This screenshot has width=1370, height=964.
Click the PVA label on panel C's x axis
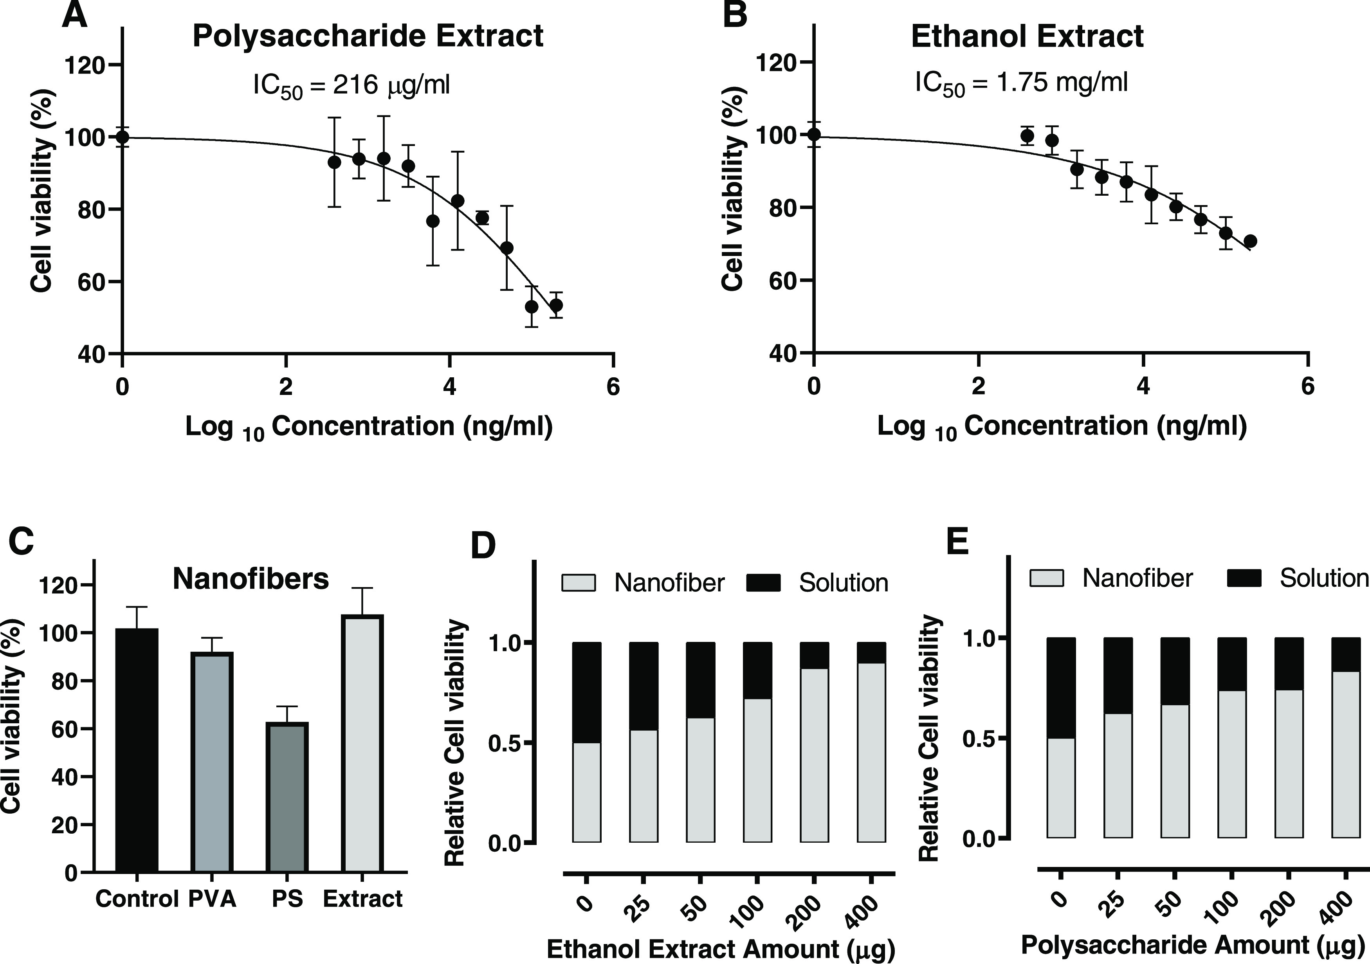coord(213,898)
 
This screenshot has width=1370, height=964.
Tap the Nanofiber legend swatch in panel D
coord(578,583)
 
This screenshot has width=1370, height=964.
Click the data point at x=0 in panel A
coord(122,137)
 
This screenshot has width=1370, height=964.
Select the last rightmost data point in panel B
coord(1251,241)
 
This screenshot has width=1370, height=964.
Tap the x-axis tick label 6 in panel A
coord(613,388)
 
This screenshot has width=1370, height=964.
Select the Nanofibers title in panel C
coord(251,578)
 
